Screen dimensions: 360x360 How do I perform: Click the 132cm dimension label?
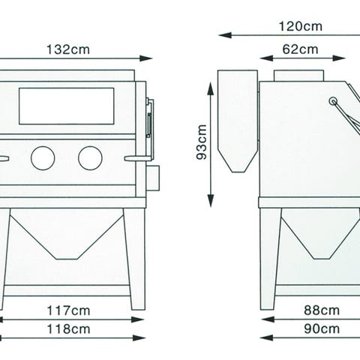pyautogui.click(x=68, y=49)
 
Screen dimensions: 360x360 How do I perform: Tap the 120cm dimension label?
pyautogui.click(x=300, y=26)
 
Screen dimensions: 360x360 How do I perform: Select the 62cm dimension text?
pyautogui.click(x=300, y=49)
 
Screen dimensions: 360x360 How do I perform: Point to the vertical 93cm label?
pyautogui.click(x=202, y=142)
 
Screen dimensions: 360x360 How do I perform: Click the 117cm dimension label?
pyautogui.click(x=68, y=310)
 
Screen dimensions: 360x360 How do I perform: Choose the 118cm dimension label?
pyautogui.click(x=68, y=329)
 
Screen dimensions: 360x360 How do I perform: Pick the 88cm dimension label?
pyautogui.click(x=322, y=310)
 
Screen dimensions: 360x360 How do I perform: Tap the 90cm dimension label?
pyautogui.click(x=322, y=329)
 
